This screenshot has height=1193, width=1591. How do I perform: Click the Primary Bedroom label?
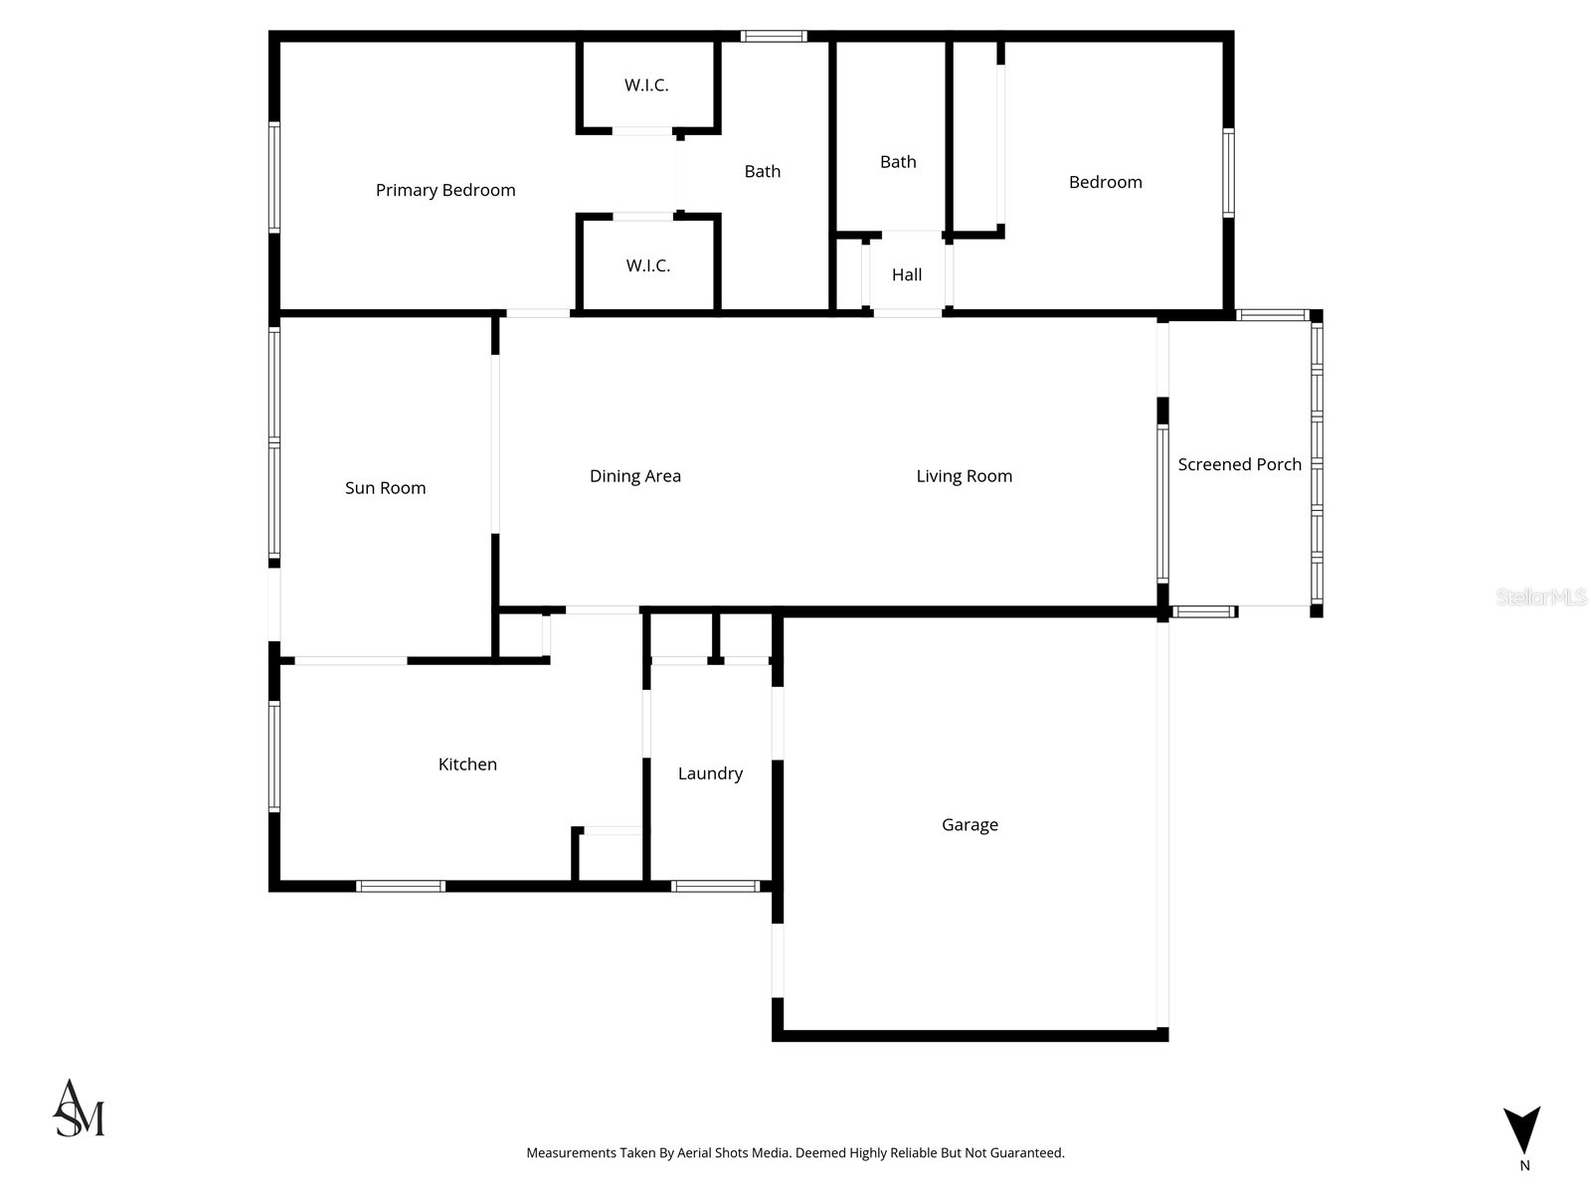click(x=445, y=190)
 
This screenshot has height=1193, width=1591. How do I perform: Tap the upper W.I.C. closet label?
click(x=646, y=85)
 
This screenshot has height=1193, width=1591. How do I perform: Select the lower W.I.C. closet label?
click(x=648, y=265)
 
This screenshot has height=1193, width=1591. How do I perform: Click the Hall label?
click(x=907, y=274)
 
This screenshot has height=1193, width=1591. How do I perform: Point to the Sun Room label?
click(x=385, y=488)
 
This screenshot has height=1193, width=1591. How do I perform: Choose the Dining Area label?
click(x=635, y=476)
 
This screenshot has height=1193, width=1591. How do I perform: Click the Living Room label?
click(x=965, y=476)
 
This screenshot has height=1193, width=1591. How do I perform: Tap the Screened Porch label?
click(x=1239, y=464)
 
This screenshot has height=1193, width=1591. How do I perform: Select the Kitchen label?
click(x=467, y=765)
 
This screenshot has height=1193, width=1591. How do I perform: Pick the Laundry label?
click(x=710, y=773)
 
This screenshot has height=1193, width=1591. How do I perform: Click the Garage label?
click(x=970, y=825)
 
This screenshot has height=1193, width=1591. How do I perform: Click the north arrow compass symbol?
click(x=1522, y=1131)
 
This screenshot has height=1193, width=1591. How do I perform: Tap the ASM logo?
click(x=79, y=1108)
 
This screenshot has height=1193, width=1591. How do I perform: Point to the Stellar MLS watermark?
click(x=1541, y=596)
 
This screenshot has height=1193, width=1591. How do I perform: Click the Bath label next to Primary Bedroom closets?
click(x=763, y=172)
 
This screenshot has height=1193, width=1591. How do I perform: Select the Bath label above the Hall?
click(x=898, y=162)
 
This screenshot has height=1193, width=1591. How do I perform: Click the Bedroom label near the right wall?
click(x=1105, y=182)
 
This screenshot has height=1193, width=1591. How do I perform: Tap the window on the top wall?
click(x=774, y=37)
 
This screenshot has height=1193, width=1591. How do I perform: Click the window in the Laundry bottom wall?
click(x=715, y=886)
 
